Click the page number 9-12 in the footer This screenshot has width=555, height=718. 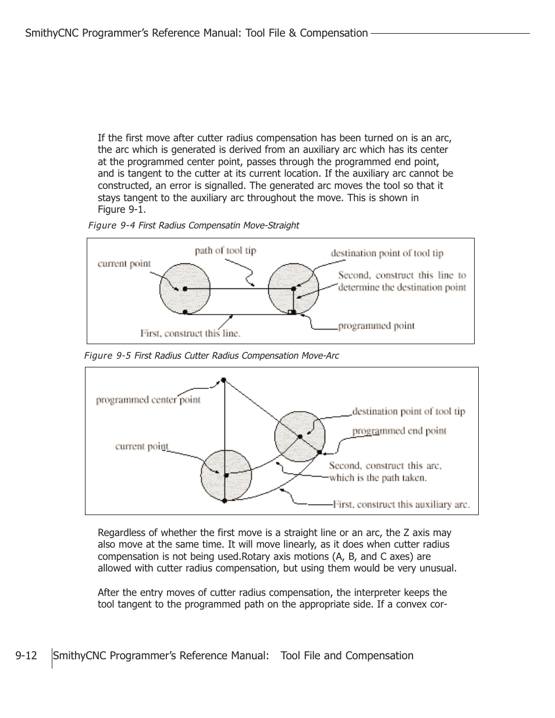(x=26, y=656)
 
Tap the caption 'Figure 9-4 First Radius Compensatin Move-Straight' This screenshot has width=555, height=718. (x=193, y=225)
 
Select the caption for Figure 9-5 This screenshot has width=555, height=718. (x=211, y=355)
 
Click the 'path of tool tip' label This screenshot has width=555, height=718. (x=225, y=251)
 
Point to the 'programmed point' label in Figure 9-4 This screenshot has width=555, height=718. (x=376, y=326)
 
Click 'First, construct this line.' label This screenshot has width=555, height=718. (x=190, y=333)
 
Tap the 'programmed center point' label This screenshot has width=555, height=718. (x=148, y=400)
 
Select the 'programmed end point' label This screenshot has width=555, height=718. (x=399, y=431)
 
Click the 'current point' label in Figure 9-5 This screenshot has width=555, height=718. (x=141, y=446)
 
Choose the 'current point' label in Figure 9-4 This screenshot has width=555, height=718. (x=124, y=263)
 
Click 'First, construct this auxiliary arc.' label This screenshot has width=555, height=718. (x=401, y=504)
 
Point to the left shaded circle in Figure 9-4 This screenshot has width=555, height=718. (x=184, y=288)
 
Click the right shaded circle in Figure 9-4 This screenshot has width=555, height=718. (x=293, y=288)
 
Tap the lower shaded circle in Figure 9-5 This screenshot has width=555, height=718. (x=226, y=475)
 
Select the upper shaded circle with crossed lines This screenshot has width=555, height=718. (x=300, y=436)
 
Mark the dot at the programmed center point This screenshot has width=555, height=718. (x=223, y=380)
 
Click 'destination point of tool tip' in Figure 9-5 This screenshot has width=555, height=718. (x=408, y=412)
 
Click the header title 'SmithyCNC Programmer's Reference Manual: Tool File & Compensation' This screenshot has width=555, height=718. (x=197, y=33)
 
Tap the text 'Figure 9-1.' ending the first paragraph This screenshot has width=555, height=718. (x=122, y=209)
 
